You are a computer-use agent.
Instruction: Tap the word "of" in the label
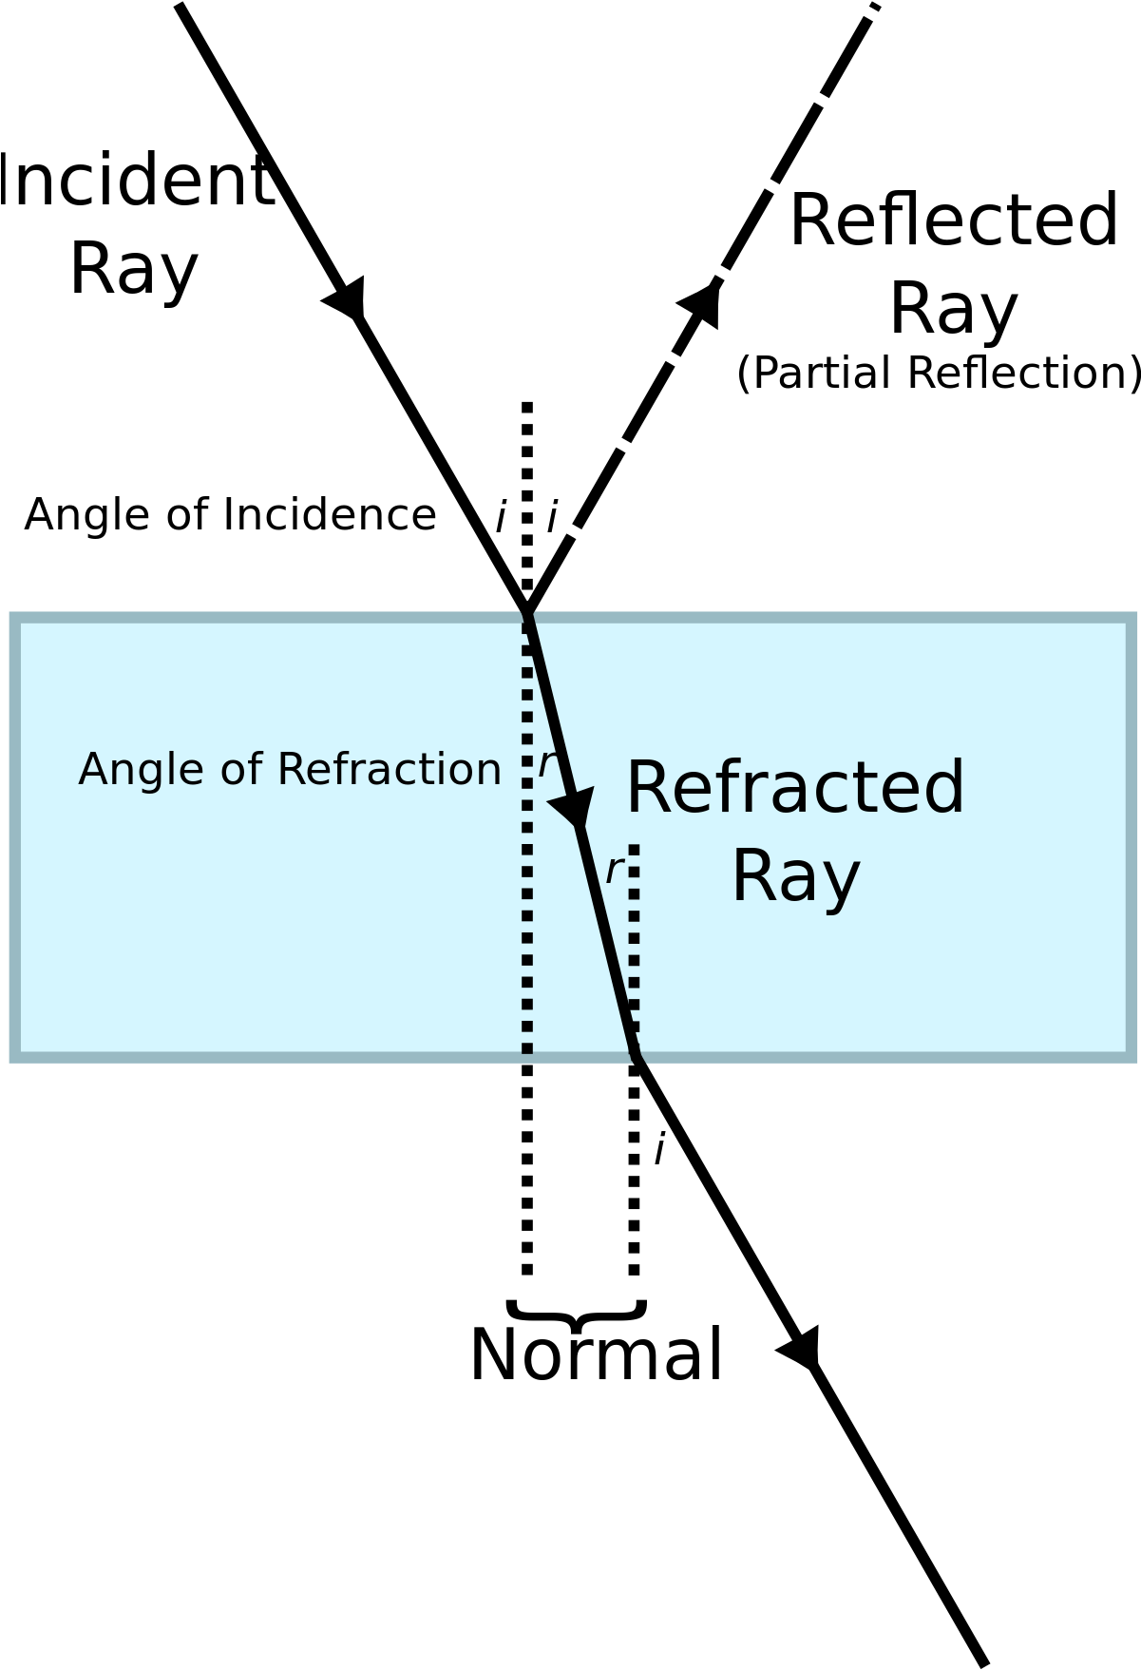coord(239,769)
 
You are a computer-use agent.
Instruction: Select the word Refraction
coord(389,769)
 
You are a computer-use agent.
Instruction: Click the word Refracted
coord(795,788)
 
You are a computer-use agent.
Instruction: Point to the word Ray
coord(795,877)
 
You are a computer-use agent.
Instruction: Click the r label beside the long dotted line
coord(547,764)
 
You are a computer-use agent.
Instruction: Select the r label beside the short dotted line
coord(615,871)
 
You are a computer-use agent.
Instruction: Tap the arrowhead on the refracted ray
coord(574,808)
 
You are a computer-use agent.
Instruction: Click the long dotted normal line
coord(527,903)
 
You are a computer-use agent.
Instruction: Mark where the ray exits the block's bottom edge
coord(637,1056)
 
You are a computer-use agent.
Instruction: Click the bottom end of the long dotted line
coord(527,1049)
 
